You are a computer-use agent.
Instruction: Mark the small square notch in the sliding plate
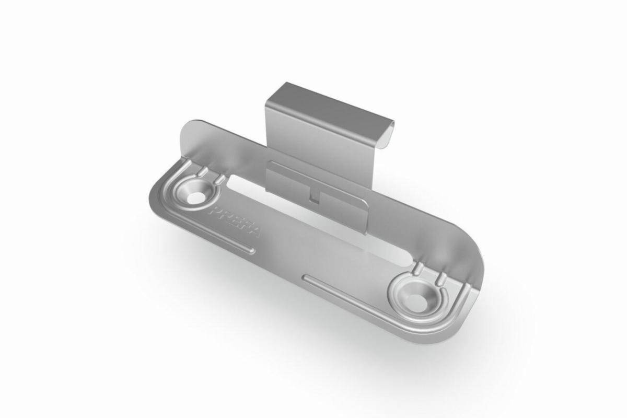pyautogui.click(x=313, y=198)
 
